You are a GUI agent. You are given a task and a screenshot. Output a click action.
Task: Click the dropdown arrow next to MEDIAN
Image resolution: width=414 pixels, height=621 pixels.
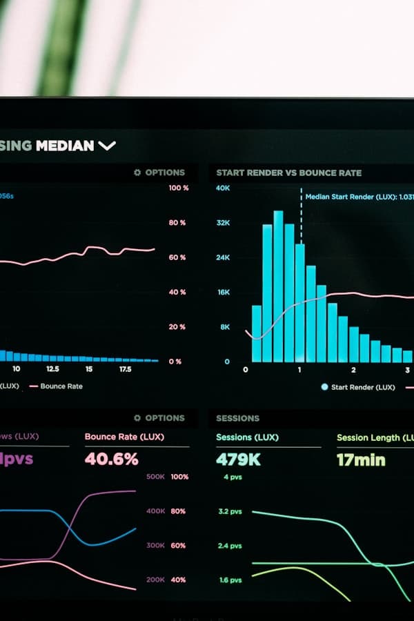[107, 146]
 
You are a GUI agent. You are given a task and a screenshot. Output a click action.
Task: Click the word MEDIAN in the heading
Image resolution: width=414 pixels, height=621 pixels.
[65, 146]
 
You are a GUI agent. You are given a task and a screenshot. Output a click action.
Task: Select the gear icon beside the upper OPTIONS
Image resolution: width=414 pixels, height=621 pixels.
[137, 172]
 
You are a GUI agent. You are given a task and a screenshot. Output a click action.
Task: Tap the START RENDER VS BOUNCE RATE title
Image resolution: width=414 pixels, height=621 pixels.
[288, 172]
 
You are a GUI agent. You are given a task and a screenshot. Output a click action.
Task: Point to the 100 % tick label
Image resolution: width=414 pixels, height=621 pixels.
[178, 188]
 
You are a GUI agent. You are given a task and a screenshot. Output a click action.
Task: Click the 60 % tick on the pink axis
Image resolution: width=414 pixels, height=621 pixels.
[177, 257]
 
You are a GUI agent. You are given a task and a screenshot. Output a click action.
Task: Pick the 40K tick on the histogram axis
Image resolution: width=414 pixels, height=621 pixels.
[223, 188]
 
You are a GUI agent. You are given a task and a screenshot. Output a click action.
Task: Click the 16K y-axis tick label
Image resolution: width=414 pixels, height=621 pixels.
[223, 292]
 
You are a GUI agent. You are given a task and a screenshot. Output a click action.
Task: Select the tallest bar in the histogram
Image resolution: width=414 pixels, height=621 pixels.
[278, 286]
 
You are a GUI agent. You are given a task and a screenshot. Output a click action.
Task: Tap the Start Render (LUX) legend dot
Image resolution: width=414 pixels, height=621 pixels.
[324, 387]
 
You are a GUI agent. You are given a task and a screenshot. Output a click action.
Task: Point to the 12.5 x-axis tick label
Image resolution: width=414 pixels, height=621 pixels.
[52, 369]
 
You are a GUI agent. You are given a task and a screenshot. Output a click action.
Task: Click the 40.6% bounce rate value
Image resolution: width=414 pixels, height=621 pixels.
[111, 459]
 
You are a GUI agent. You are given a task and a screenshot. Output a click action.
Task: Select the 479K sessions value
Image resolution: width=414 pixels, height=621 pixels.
[238, 459]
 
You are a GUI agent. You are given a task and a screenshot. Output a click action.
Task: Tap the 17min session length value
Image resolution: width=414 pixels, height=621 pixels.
[361, 459]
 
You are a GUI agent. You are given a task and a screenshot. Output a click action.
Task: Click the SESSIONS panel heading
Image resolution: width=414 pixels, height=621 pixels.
[237, 418]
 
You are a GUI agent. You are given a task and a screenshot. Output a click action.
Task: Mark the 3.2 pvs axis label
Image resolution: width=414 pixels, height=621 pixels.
[230, 511]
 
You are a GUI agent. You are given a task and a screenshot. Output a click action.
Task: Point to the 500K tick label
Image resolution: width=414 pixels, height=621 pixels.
[155, 477]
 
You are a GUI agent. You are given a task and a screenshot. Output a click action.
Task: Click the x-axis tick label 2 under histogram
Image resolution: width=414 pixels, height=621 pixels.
[353, 370]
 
